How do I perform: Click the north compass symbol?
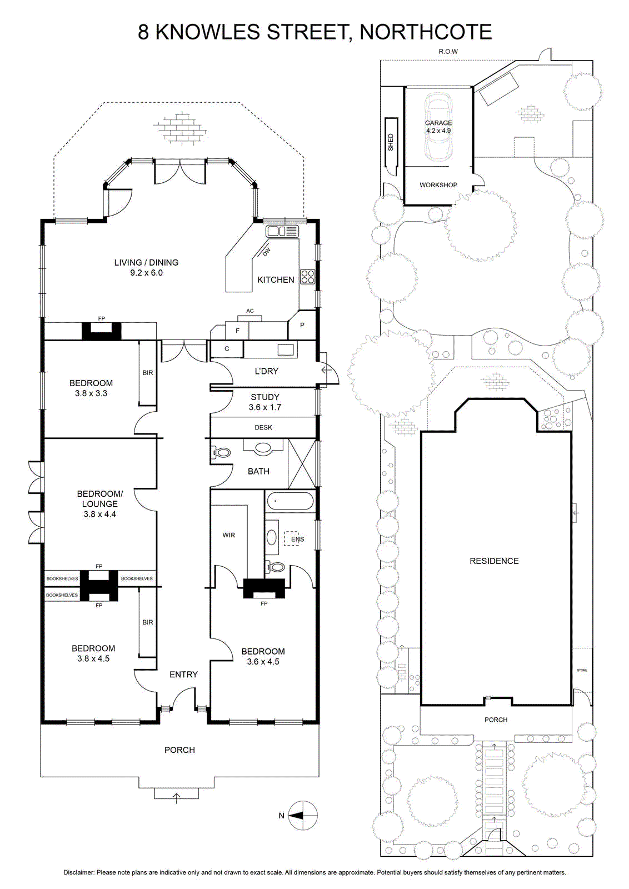tap(302, 816)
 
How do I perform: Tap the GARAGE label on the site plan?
tap(438, 123)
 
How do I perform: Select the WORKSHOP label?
tap(438, 185)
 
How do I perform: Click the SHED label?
tap(391, 142)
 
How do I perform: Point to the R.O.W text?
tap(448, 51)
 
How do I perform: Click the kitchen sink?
tap(282, 231)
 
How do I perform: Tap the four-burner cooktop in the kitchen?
tap(308, 276)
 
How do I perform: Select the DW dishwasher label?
tap(266, 251)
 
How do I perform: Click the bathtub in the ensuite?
tap(290, 501)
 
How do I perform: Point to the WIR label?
tap(228, 535)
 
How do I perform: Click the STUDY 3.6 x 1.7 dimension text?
tap(264, 407)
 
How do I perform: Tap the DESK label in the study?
tap(263, 427)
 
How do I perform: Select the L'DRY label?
tap(266, 371)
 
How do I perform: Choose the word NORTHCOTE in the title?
tap(426, 32)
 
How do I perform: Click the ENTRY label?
tap(183, 675)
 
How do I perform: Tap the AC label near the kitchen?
tap(249, 311)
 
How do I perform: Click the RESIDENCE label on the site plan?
tap(494, 561)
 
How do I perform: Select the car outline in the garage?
tap(438, 127)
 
